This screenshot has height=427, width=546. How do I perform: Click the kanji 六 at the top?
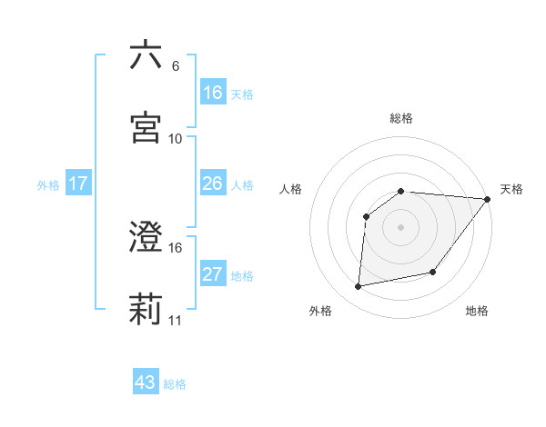(146, 55)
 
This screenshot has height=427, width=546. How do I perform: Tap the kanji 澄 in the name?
(146, 237)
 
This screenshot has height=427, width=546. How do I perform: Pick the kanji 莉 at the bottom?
(146, 310)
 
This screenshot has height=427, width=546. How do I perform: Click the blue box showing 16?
(213, 93)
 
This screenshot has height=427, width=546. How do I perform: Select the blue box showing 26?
(213, 184)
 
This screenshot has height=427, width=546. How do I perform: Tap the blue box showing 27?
(213, 274)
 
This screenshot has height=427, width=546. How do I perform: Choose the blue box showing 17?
(78, 184)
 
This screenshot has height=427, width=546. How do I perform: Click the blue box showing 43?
(146, 382)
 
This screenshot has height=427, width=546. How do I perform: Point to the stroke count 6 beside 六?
(175, 66)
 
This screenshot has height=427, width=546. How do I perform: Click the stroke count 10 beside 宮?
(176, 138)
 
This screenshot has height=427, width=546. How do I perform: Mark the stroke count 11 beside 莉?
(176, 321)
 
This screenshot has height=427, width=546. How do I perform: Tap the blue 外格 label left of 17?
(48, 184)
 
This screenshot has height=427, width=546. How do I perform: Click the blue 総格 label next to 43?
(175, 384)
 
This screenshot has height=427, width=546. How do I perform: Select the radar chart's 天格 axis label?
(511, 189)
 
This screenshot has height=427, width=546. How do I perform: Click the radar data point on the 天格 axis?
(488, 199)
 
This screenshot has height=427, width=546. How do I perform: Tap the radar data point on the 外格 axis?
(359, 287)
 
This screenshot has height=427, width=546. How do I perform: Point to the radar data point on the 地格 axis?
(433, 272)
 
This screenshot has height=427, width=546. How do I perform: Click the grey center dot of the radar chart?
(401, 227)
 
